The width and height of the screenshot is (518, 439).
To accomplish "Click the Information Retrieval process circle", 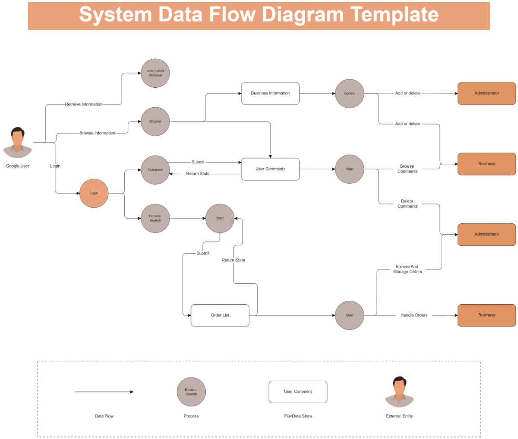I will (155, 73).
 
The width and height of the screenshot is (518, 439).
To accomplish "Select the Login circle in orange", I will (94, 193).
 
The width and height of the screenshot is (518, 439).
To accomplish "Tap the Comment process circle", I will (155, 170).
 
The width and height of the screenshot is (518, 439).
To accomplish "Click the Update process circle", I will (350, 93).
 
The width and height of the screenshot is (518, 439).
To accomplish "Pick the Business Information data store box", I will (270, 93).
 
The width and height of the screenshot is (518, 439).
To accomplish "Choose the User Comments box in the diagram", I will (270, 169).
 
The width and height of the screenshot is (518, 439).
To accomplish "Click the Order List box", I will (220, 315).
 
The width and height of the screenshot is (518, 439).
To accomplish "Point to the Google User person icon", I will (18, 143).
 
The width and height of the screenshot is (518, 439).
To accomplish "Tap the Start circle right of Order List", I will (350, 315).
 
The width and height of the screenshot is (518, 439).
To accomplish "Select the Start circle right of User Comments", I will (350, 169).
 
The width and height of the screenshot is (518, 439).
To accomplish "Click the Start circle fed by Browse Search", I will (220, 218).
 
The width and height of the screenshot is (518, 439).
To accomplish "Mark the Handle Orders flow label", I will (414, 315).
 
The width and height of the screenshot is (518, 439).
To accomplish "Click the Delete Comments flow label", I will (407, 204).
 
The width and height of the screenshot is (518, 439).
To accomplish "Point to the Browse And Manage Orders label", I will (407, 269).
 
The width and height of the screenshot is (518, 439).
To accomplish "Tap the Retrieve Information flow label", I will (84, 105).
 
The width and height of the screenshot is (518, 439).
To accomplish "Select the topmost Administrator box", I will (486, 93).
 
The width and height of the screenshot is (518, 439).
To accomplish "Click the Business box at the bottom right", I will (486, 315).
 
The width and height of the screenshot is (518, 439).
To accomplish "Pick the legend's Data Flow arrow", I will (104, 392).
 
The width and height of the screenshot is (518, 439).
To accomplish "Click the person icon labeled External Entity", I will (399, 392).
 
